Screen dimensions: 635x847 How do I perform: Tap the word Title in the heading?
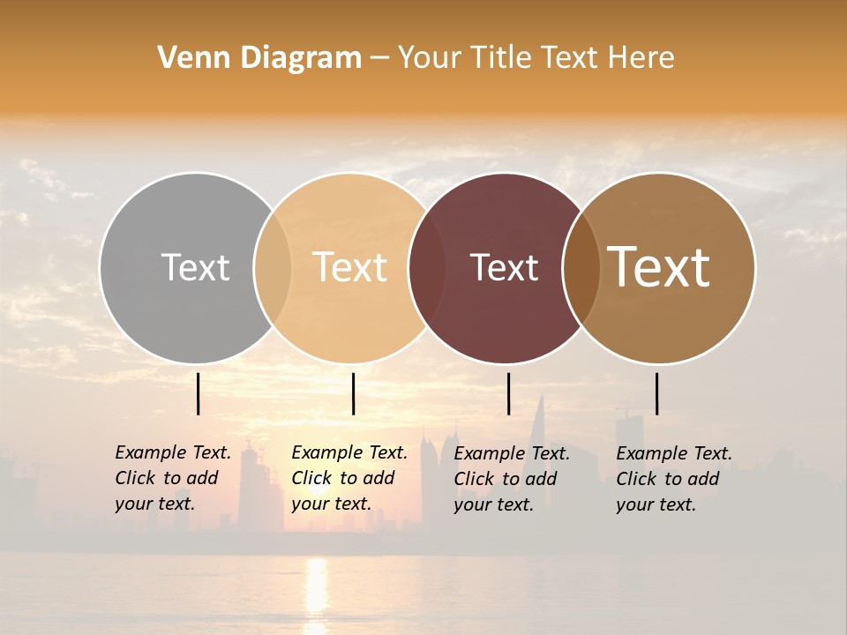click(x=502, y=57)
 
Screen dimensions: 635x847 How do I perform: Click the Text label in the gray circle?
click(x=195, y=267)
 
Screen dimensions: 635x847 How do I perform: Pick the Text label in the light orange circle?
click(x=349, y=267)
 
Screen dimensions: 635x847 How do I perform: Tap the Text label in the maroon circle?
click(x=504, y=267)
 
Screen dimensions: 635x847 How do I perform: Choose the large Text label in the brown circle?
click(x=658, y=267)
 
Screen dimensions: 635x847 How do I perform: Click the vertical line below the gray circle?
click(x=199, y=393)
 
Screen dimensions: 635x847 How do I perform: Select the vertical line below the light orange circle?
click(x=353, y=393)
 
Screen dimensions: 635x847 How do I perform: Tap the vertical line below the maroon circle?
click(x=508, y=393)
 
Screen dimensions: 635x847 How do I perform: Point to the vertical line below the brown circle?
click(x=656, y=393)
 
